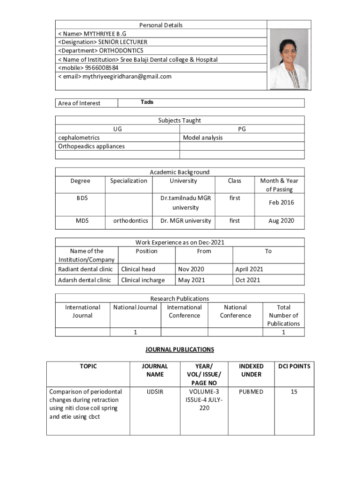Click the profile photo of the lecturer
pyautogui.click(x=289, y=58)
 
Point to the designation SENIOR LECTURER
pyautogui.click(x=122, y=42)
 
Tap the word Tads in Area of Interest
pyautogui.click(x=147, y=102)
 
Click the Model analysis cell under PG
pyautogui.click(x=202, y=138)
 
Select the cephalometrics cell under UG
pyautogui.click(x=79, y=138)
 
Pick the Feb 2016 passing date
pyautogui.click(x=281, y=203)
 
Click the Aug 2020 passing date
pyautogui.click(x=281, y=221)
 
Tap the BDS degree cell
pyautogui.click(x=82, y=198)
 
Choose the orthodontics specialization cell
pyautogui.click(x=130, y=221)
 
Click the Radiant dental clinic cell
pyautogui.click(x=85, y=269)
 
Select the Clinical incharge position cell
pyautogui.click(x=143, y=280)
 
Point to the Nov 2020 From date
pyautogui.click(x=190, y=269)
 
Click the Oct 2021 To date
pyautogui.click(x=248, y=280)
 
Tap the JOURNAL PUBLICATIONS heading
pyautogui.click(x=180, y=349)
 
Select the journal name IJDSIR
pyautogui.click(x=154, y=392)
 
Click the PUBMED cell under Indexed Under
pyautogui.click(x=251, y=392)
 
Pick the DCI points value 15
pyautogui.click(x=294, y=392)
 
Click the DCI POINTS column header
pyautogui.click(x=294, y=366)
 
